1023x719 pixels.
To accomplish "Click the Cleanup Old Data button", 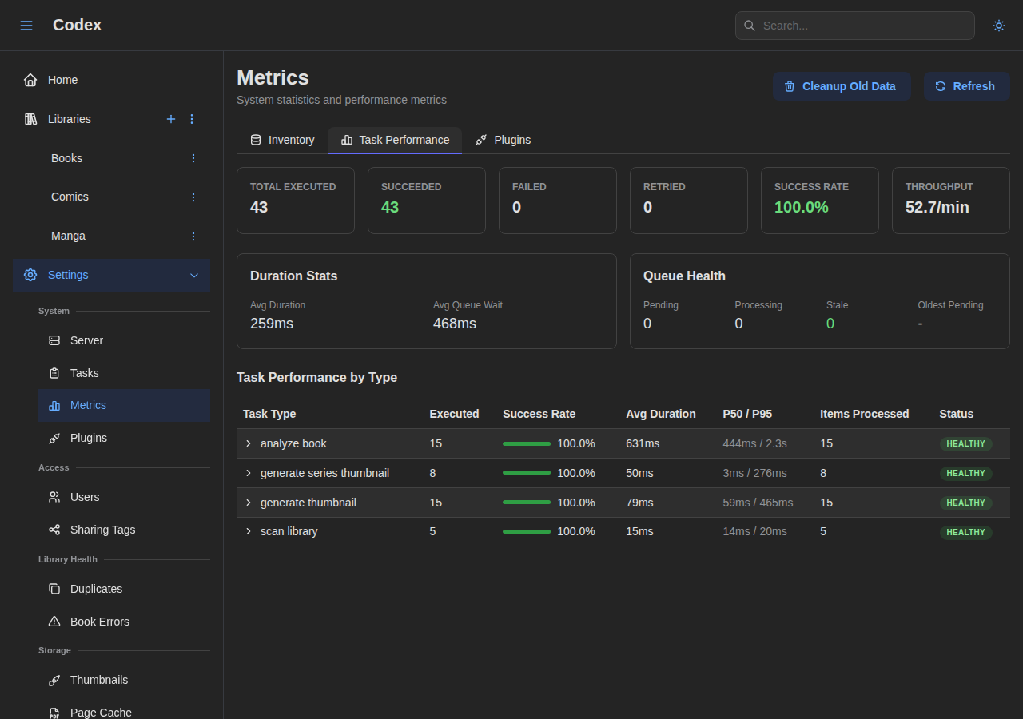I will pos(841,86).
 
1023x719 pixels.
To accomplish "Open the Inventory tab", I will pos(282,140).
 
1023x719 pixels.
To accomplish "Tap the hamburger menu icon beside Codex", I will pos(26,26).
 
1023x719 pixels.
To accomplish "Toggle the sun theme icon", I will pos(998,26).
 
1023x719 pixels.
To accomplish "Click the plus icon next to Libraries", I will pos(170,119).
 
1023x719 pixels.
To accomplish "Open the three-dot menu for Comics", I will pos(193,197).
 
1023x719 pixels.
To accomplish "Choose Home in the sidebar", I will pos(62,80).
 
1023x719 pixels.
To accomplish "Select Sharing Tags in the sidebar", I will pos(102,530).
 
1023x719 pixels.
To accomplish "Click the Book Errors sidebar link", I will pos(99,622).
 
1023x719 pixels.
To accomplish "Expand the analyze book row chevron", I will pos(249,443).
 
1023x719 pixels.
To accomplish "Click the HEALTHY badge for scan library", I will pos(965,532).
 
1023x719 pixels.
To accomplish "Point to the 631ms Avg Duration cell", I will pos(643,443).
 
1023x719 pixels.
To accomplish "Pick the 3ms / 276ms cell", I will pos(754,473).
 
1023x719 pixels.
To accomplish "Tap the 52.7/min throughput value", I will pos(937,208).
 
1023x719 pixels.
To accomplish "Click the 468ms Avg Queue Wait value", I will pos(454,324).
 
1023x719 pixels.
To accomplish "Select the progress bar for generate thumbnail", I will pos(527,503).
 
